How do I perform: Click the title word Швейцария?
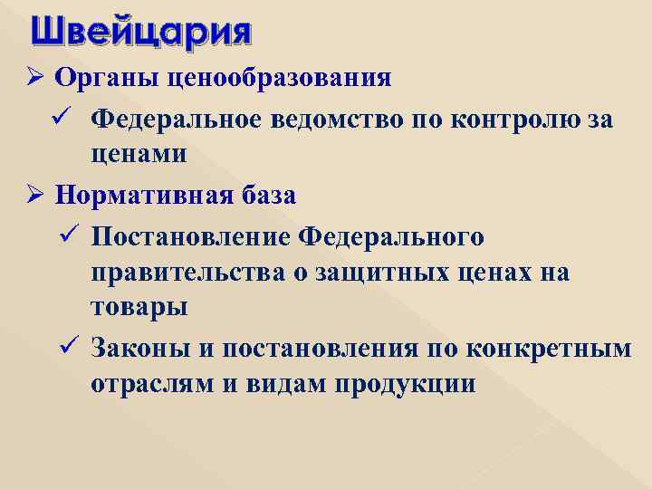(x=140, y=34)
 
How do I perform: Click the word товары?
(x=139, y=307)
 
